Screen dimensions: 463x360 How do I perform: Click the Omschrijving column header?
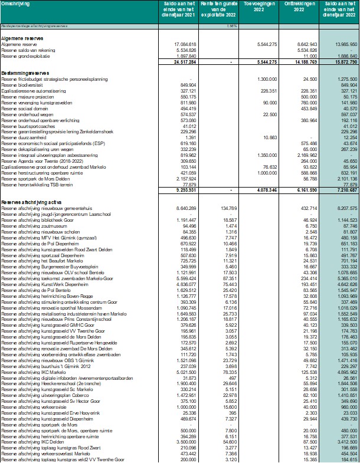pos(14,4)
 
